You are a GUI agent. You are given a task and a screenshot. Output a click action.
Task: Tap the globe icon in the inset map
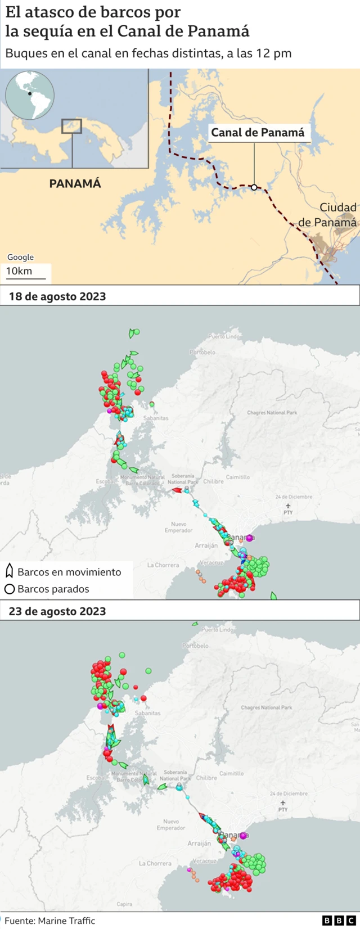[x=30, y=94]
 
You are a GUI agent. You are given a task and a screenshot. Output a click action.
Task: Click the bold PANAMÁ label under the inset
[x=75, y=183]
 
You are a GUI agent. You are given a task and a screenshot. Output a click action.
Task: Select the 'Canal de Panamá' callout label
[x=258, y=133]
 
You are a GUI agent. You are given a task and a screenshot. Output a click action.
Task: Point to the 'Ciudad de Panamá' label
[x=329, y=215]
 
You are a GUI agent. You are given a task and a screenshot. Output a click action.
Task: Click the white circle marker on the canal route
[x=254, y=187]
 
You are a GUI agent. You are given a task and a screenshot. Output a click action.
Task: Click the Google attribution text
[x=20, y=257]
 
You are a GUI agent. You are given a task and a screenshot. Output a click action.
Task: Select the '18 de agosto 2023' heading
[x=57, y=296]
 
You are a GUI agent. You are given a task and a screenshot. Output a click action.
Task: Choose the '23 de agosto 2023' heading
[x=57, y=611]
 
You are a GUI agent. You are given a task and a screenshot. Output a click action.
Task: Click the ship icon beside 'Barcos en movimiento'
[x=9, y=572]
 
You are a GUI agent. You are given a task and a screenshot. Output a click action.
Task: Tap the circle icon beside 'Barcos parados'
[x=9, y=589]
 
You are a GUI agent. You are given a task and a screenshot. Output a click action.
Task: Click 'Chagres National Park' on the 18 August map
[x=272, y=413]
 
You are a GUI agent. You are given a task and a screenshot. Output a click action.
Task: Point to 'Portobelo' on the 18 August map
[x=202, y=353]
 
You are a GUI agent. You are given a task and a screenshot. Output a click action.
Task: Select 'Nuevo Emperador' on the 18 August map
[x=178, y=527]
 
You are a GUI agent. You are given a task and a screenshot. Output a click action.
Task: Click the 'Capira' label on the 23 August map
[x=124, y=904]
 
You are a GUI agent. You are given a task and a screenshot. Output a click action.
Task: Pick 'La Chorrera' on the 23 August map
[x=155, y=863]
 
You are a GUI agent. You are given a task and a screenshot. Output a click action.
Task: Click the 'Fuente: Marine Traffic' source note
[x=50, y=921]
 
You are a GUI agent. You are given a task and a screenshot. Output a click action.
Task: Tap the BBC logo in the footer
[x=339, y=921]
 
